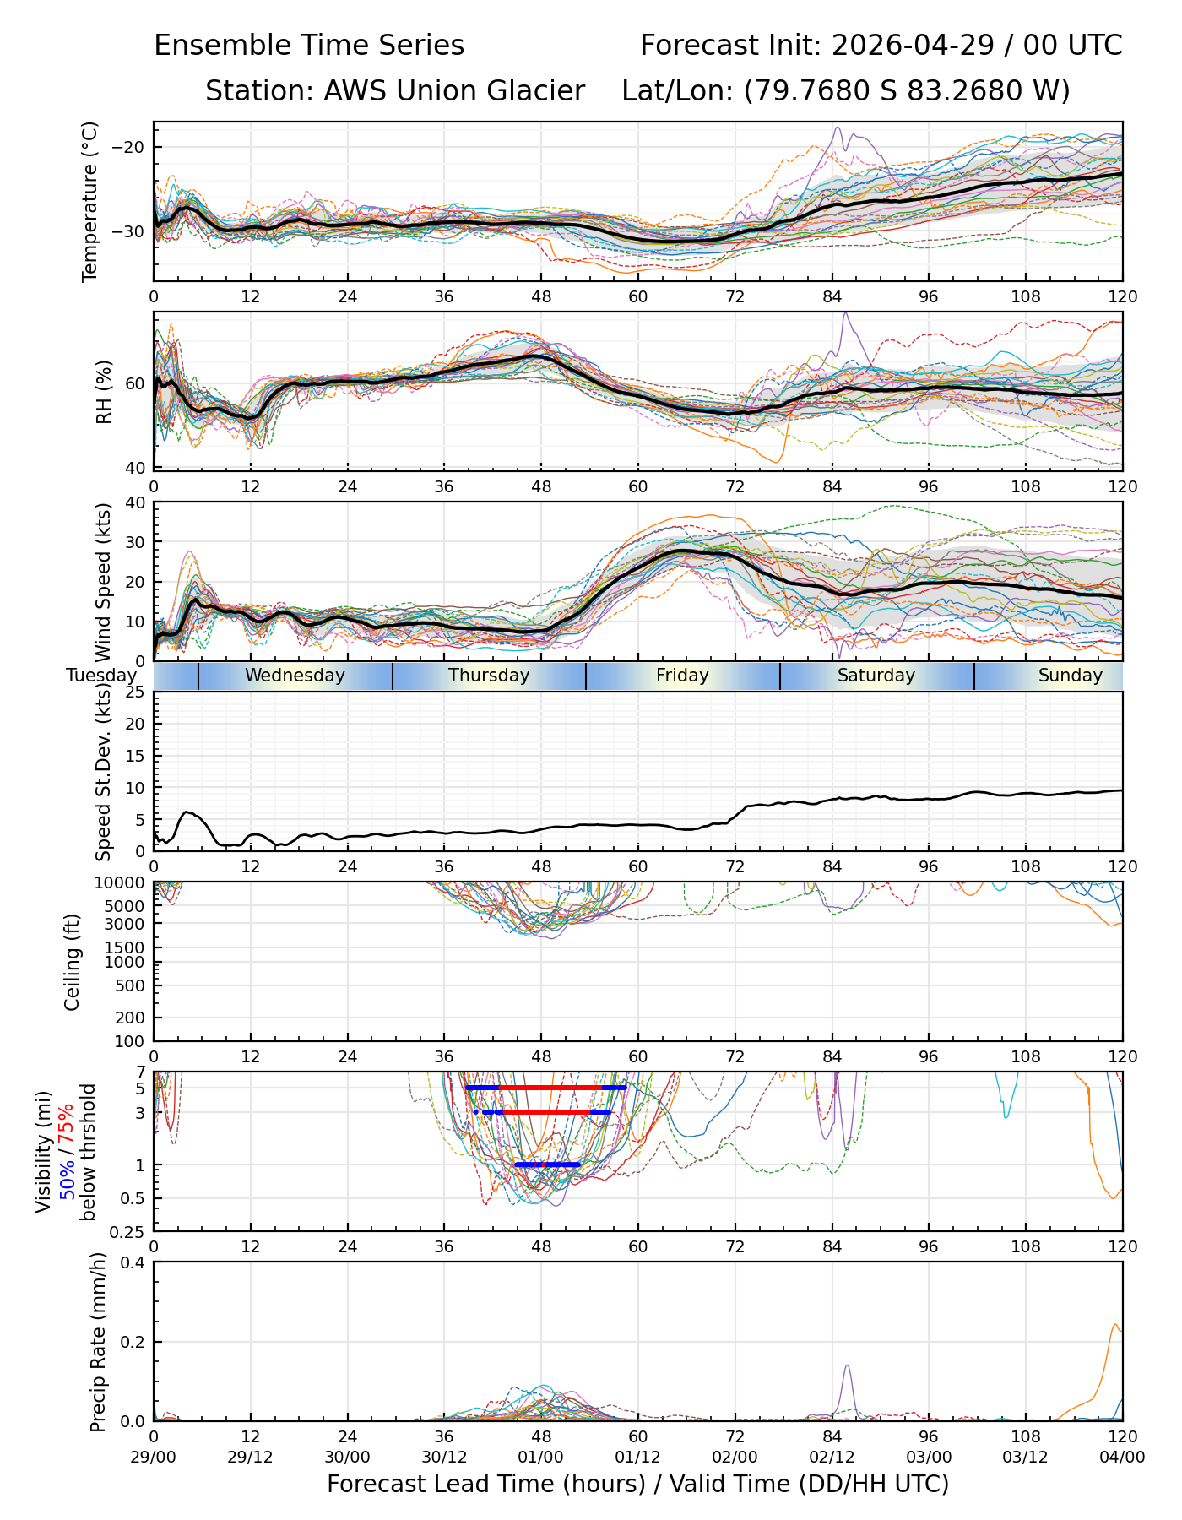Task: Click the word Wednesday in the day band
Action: [295, 676]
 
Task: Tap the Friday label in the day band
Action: [682, 676]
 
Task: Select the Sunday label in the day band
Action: [1071, 676]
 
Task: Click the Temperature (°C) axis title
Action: [90, 201]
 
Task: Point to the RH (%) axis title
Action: [104, 392]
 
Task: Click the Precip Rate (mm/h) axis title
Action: [98, 1342]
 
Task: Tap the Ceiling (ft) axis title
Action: [73, 962]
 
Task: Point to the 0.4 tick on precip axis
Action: [134, 1263]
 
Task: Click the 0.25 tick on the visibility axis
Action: [130, 1231]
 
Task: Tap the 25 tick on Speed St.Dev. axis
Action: [136, 692]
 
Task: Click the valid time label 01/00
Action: [541, 1457]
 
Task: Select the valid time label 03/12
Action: [1026, 1457]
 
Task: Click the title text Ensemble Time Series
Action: [309, 46]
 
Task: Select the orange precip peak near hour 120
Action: [1115, 1326]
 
